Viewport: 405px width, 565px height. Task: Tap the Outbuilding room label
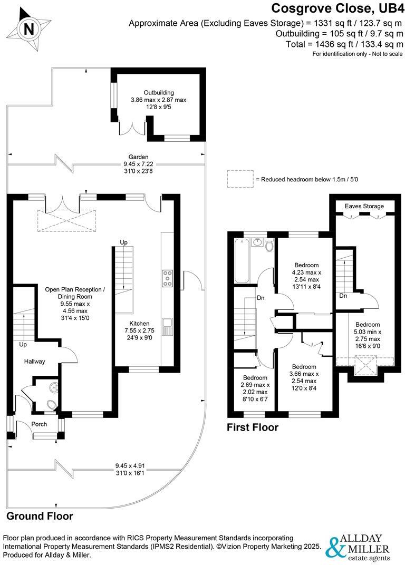point(152,92)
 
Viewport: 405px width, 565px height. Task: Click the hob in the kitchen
point(168,278)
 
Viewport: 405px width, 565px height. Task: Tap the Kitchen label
point(126,324)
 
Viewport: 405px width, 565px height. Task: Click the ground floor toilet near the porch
point(51,405)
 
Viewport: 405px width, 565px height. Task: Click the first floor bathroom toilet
point(269,245)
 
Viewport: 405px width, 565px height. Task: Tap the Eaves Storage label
point(364,206)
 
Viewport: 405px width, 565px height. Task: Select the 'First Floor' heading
point(252,427)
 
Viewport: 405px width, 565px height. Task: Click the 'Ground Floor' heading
point(40,516)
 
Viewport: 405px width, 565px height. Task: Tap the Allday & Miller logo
point(359,549)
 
